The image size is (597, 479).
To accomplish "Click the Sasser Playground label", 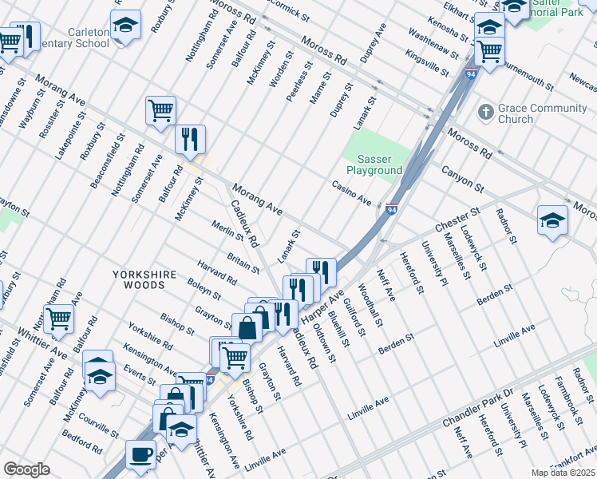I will [x=374, y=164].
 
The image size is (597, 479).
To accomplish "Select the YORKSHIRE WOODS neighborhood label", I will [x=144, y=274].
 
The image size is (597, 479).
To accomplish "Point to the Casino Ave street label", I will [x=352, y=192].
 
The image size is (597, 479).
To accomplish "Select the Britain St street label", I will [x=243, y=262].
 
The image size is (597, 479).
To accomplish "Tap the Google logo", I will [x=26, y=469].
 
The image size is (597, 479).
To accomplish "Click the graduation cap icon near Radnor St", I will [x=552, y=221].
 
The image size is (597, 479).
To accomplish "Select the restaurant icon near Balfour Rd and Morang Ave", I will [x=191, y=140].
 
